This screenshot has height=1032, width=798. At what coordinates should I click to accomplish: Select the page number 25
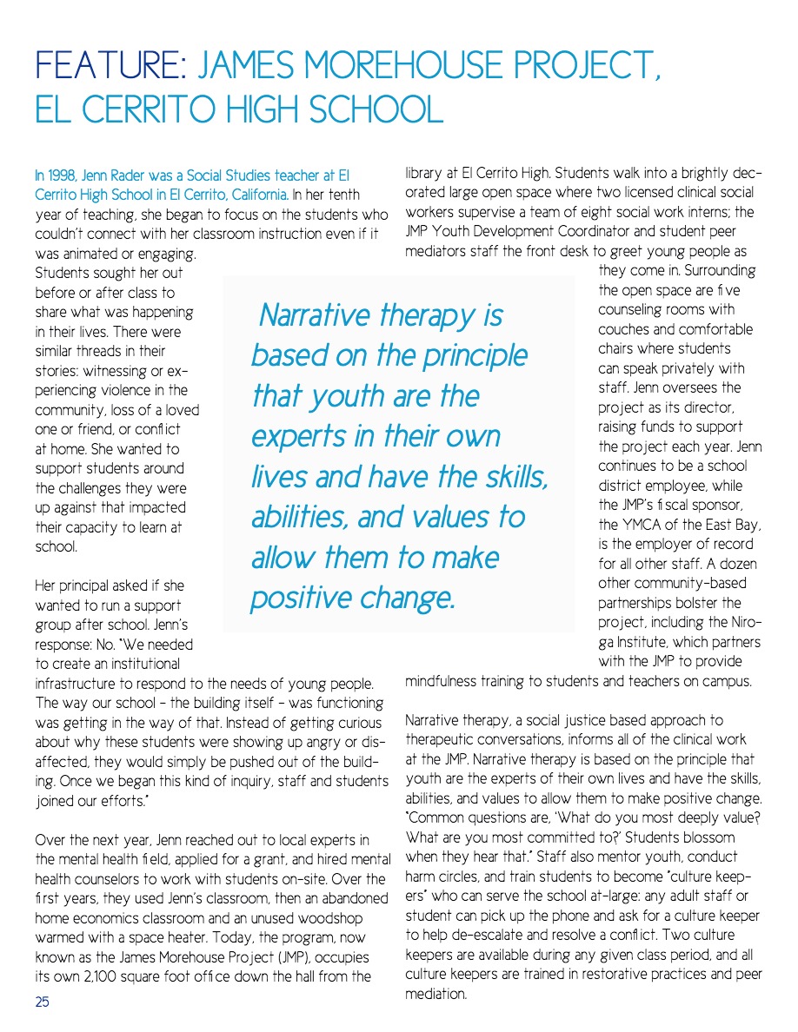tap(42, 1002)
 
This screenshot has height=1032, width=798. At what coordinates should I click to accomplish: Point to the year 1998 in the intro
tap(63, 175)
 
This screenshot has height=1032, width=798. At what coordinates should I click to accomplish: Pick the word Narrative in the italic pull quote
tap(317, 314)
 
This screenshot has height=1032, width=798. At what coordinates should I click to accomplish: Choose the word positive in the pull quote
tap(305, 597)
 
